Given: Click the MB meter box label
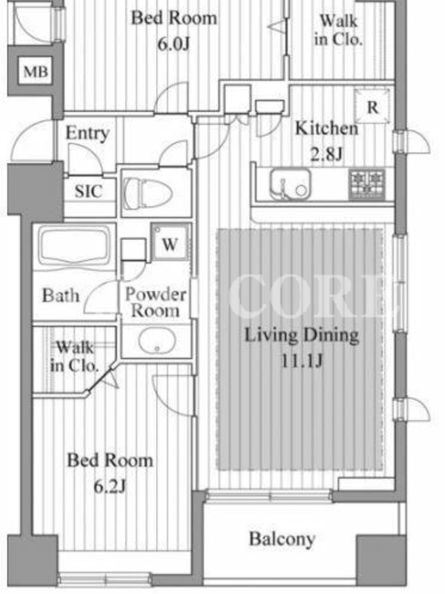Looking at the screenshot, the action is (x=36, y=71).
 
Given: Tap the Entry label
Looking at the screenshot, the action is (x=88, y=134).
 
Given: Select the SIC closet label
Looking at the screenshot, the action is (x=88, y=192).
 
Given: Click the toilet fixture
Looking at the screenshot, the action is (x=148, y=192).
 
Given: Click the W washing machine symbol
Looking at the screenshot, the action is (x=170, y=244).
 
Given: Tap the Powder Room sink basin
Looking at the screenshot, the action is (x=156, y=340).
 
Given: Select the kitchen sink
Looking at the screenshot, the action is (x=290, y=184).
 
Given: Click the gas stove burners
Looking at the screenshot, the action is (x=367, y=183).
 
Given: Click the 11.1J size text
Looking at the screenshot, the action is (x=302, y=361).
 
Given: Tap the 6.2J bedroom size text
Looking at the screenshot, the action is (x=110, y=486).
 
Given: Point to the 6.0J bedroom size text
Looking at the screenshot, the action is (x=174, y=45).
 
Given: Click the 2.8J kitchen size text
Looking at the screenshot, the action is (x=326, y=154).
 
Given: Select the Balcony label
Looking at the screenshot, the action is (x=283, y=539).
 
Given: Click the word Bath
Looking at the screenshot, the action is (x=61, y=295).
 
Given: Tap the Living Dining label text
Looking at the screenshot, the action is (x=302, y=336).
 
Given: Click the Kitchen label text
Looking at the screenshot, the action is (x=326, y=128).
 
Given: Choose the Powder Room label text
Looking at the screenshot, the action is (x=156, y=302).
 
